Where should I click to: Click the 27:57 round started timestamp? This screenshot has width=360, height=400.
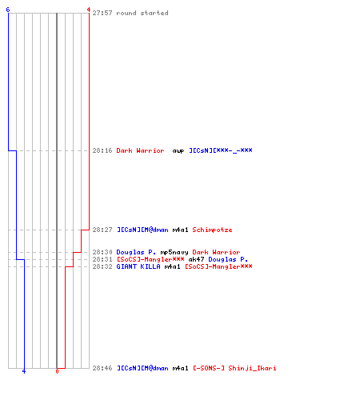102,13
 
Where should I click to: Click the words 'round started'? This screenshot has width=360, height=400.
142,13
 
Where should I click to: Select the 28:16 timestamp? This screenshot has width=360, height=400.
102,150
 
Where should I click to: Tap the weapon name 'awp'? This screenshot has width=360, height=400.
178,151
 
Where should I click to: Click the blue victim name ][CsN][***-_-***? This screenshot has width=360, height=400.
221,150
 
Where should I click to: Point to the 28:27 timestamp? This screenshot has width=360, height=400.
102,230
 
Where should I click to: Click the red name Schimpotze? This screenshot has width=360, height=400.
212,230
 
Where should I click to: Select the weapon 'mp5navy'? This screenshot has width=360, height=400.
174,252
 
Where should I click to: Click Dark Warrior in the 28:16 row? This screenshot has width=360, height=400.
140,150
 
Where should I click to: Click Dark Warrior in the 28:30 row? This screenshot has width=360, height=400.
216,252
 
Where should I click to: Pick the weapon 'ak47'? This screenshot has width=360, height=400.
197,259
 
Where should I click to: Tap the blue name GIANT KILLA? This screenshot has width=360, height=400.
138,266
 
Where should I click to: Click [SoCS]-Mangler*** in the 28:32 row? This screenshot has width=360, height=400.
218,266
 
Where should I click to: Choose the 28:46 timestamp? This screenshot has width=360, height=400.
102,368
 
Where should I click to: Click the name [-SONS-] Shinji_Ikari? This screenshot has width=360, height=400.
234,368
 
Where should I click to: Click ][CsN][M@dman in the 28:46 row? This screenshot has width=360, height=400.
142,368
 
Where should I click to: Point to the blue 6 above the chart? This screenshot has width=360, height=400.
8,10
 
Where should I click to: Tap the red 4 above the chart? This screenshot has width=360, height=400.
88,10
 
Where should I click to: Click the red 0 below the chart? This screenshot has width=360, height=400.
57,371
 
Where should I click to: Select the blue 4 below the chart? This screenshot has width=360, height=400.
24,371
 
